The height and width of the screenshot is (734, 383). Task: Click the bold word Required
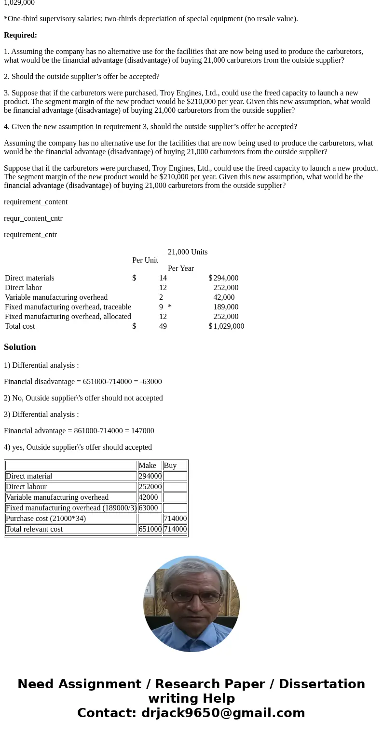(20, 35)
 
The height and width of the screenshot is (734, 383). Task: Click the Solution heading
(20, 347)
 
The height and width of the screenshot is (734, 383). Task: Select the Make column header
(147, 466)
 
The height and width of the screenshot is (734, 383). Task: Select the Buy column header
(170, 466)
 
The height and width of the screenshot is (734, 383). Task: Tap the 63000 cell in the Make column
(148, 508)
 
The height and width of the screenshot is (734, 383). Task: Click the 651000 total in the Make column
(150, 529)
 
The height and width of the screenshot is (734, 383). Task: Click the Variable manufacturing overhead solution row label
(57, 497)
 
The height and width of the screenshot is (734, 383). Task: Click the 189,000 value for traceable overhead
(226, 307)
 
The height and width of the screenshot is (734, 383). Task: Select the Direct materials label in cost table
(29, 278)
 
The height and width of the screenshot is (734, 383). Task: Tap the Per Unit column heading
(145, 260)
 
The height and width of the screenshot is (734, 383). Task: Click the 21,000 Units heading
(188, 252)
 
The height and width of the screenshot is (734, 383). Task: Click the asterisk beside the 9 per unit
(170, 307)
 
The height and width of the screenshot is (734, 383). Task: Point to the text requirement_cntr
(30, 235)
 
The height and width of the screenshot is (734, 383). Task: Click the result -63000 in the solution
(150, 382)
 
